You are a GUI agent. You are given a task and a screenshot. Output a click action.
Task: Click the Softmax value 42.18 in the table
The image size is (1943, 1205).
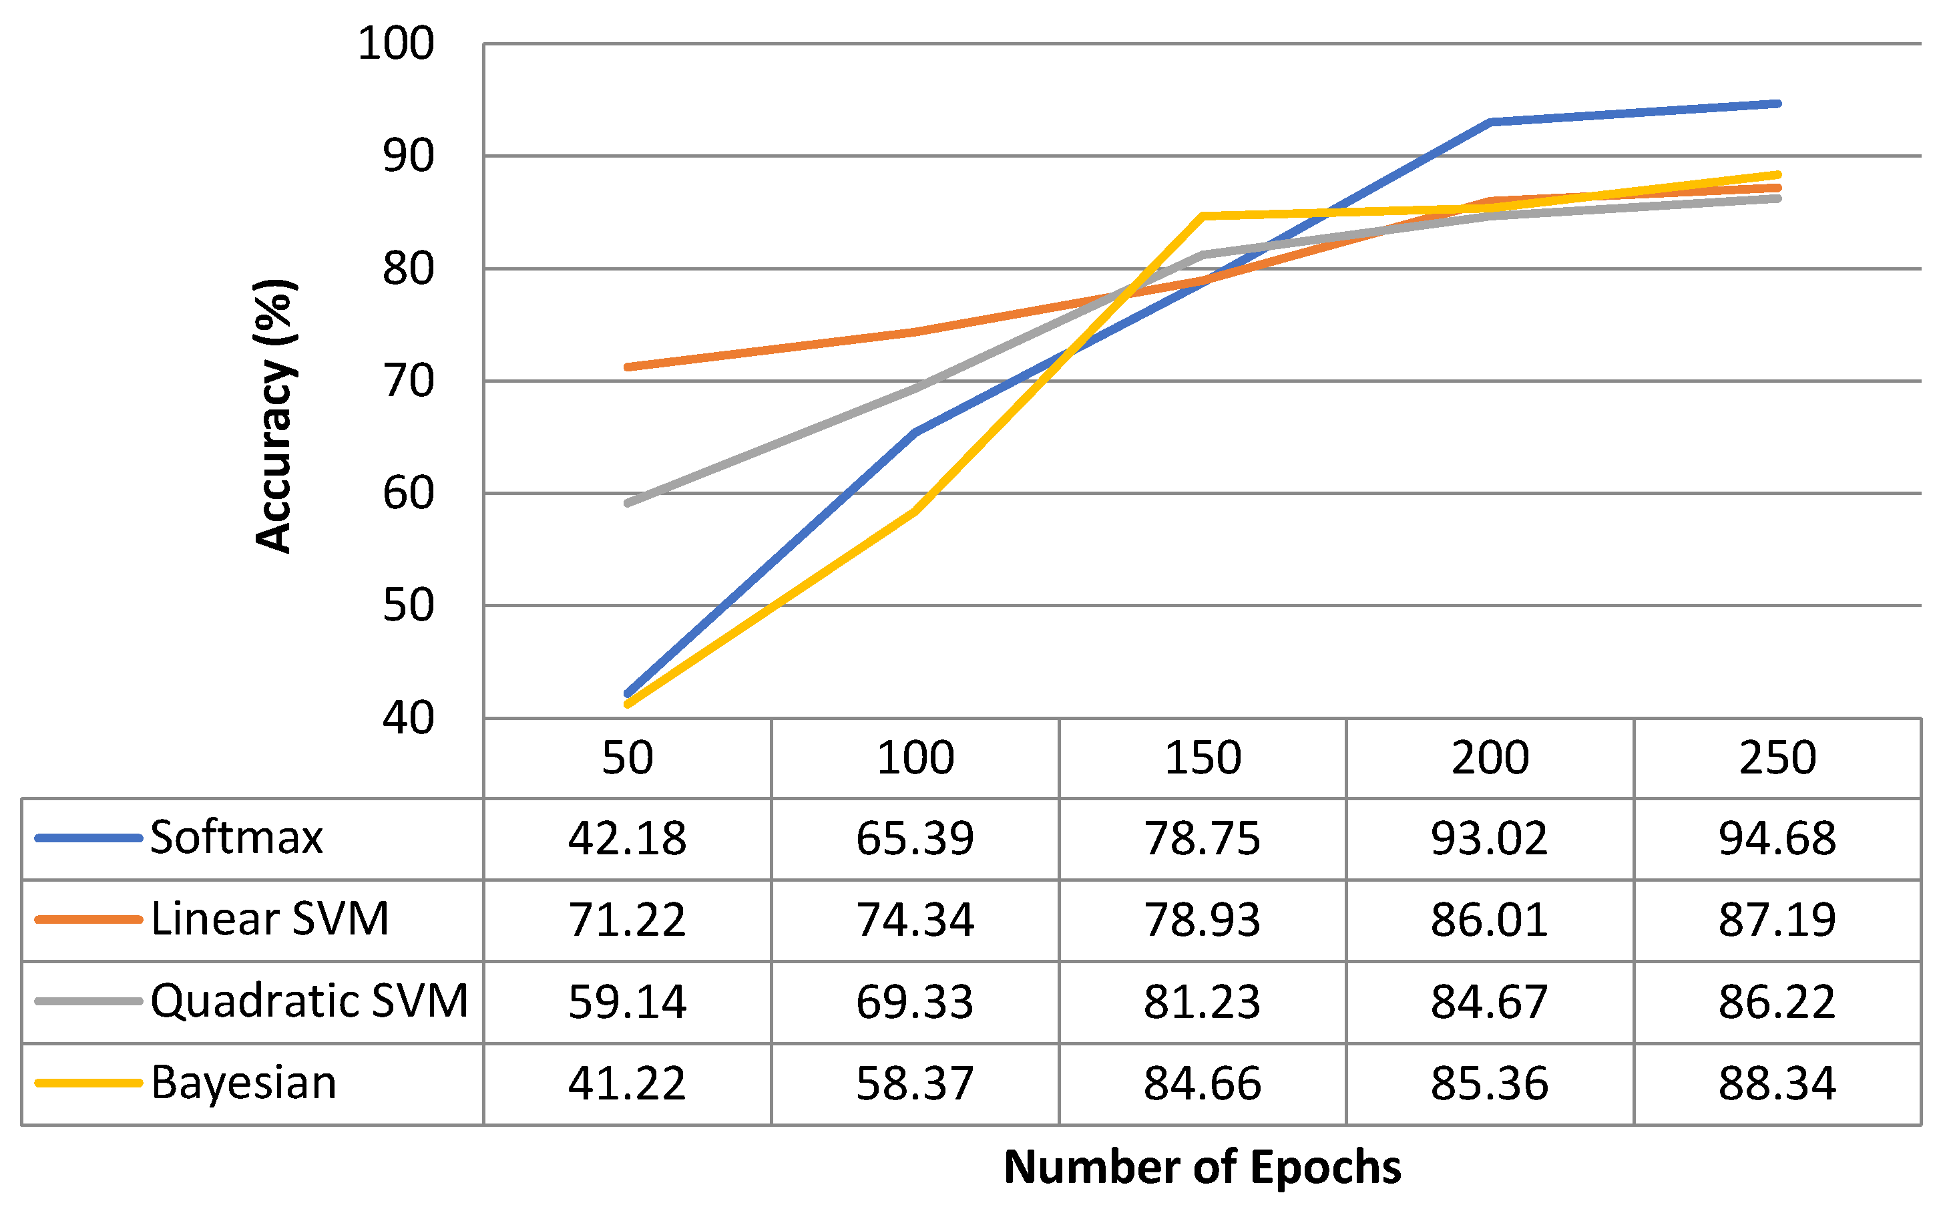point(627,838)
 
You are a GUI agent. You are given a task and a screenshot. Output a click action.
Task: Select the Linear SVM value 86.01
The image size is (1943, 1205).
point(1489,920)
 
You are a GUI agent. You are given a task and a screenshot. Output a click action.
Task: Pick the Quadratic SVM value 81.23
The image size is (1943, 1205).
point(1202,1002)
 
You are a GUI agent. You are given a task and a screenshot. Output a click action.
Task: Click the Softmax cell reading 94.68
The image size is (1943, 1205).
point(1777,838)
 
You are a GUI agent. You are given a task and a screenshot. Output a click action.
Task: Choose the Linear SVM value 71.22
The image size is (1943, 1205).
point(627,920)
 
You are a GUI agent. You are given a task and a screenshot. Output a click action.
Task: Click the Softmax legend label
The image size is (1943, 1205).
point(236,838)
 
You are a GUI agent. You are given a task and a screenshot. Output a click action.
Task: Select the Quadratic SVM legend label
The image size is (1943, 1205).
point(309,1001)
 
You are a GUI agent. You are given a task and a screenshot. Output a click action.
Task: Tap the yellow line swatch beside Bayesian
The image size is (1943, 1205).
point(88,1083)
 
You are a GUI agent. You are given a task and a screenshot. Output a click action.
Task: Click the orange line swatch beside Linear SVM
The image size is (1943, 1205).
point(88,920)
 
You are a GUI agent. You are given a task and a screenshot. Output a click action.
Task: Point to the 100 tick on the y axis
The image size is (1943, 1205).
point(396,44)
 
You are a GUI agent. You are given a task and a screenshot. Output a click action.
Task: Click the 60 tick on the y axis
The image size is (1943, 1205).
point(409,494)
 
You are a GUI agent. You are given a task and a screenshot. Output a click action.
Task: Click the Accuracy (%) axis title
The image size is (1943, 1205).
point(274,416)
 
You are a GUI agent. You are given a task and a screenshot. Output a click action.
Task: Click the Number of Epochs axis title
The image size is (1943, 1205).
point(1202,1168)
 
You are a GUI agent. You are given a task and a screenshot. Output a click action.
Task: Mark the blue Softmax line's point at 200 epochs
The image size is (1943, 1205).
point(1490,122)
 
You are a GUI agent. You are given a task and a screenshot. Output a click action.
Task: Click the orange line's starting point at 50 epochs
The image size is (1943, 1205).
point(628,367)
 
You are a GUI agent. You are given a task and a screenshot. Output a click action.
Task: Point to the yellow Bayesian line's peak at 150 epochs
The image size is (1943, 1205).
point(1202,216)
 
